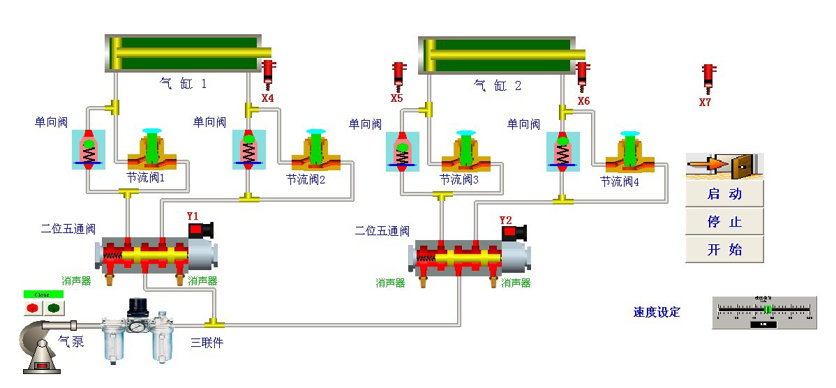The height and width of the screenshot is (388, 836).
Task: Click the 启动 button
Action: coord(724,194)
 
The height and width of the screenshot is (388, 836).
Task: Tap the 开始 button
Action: coord(724,249)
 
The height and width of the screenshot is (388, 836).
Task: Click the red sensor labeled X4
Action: coord(268,73)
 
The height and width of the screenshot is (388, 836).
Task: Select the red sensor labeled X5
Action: coord(398,75)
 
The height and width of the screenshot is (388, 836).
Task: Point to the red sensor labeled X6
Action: coord(582,75)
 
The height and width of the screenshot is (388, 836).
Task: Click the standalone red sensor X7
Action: coord(708,77)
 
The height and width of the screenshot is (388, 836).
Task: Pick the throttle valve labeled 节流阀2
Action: coord(315,150)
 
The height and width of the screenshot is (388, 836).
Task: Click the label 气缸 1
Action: coord(184,84)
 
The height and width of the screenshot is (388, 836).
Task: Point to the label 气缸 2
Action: coord(498,86)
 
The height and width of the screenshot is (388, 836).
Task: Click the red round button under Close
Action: coord(32,307)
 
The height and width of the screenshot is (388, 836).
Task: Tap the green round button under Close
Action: coord(54,307)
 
